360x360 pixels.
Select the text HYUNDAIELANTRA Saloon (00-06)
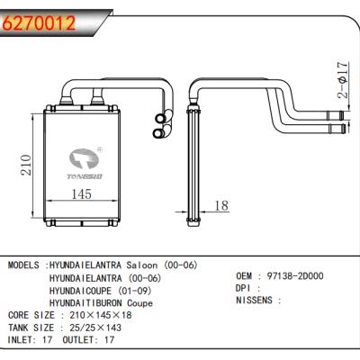coord(123,265)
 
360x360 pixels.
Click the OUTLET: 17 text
coord(94,341)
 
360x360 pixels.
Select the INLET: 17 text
coord(32,341)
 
